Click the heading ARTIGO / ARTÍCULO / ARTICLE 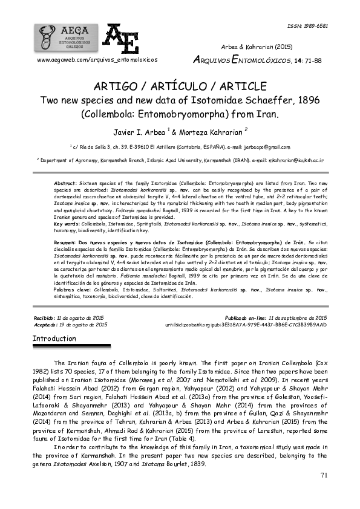[x=180, y=86]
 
